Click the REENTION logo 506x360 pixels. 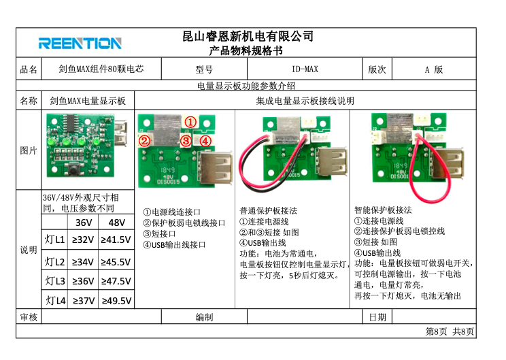pyautogui.click(x=80, y=44)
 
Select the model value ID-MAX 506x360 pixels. pyautogui.click(x=305, y=69)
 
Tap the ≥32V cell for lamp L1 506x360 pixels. pyautogui.click(x=83, y=240)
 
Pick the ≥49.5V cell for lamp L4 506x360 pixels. pyautogui.click(x=116, y=301)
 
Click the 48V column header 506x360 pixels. pyautogui.click(x=116, y=223)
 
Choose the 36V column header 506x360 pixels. pyautogui.click(x=84, y=223)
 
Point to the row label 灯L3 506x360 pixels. pyautogui.click(x=55, y=281)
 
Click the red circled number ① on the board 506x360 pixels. pyautogui.click(x=190, y=122)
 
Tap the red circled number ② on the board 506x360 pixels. pyautogui.click(x=144, y=141)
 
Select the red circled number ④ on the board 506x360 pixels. pyautogui.click(x=205, y=141)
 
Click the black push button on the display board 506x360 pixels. pyautogui.click(x=75, y=167)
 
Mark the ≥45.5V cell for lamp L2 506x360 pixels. pyautogui.click(x=116, y=262)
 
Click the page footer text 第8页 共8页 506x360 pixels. pyautogui.click(x=450, y=331)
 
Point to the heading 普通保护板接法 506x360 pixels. pyautogui.click(x=268, y=211)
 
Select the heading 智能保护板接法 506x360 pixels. pyautogui.click(x=383, y=210)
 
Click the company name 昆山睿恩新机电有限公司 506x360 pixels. pyautogui.click(x=248, y=36)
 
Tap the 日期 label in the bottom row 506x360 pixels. pyautogui.click(x=377, y=317)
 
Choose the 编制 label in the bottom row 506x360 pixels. pyautogui.click(x=204, y=317)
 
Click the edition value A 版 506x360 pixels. pyautogui.click(x=434, y=69)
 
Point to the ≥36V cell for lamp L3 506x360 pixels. pyautogui.click(x=83, y=281)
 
